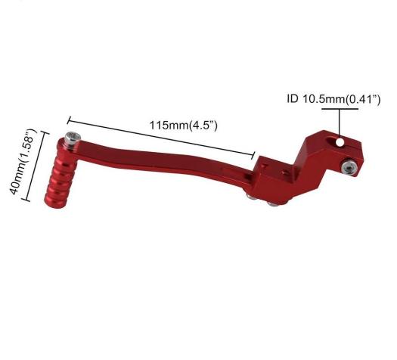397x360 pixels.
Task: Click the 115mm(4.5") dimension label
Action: tap(183, 126)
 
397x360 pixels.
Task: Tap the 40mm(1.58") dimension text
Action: tap(23, 162)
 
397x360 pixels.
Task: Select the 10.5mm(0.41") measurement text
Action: tap(341, 99)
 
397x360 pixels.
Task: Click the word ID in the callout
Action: tap(293, 98)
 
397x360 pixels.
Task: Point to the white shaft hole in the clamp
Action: tap(340, 142)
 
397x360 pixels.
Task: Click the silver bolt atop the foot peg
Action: tap(72, 140)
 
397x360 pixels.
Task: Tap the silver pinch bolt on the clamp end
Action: tap(349, 167)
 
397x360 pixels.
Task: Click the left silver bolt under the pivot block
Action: tap(251, 197)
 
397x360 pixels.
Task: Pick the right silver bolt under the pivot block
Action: tap(273, 203)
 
